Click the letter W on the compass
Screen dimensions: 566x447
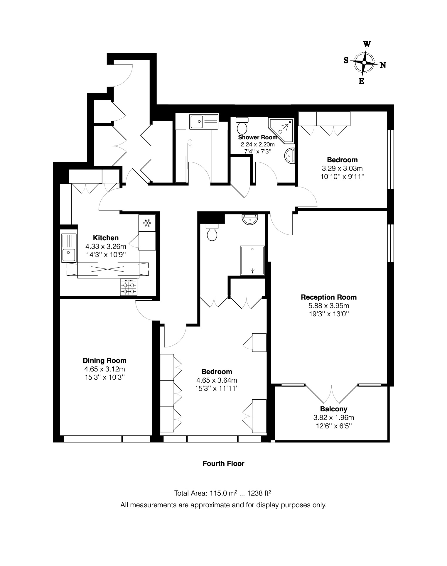tap(367, 44)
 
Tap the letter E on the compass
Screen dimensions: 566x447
tap(361, 81)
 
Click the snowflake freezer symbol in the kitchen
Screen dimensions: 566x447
tap(147, 223)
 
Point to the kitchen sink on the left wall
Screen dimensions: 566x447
tap(69, 248)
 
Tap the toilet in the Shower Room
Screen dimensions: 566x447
tap(242, 125)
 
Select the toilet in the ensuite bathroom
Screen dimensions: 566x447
tap(212, 232)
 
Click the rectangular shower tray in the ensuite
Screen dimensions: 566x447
tap(252, 260)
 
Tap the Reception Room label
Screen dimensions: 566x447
tap(328, 297)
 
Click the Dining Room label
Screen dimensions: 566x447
tap(104, 361)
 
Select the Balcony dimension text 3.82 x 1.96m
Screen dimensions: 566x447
tap(333, 417)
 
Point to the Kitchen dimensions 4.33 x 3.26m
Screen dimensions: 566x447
tap(106, 246)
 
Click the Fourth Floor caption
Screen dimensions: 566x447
tap(223, 464)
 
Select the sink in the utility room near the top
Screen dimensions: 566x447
tap(204, 121)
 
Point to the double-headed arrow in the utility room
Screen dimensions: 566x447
tap(190, 143)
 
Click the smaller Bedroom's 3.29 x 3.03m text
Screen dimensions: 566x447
tap(342, 168)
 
